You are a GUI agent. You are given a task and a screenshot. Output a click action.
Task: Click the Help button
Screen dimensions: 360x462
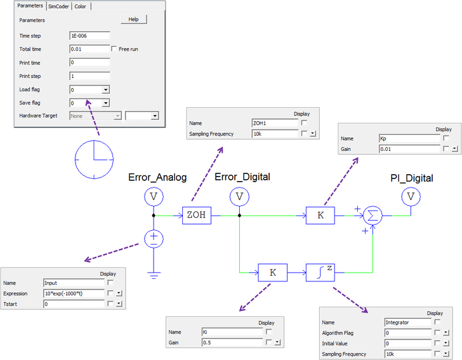133,19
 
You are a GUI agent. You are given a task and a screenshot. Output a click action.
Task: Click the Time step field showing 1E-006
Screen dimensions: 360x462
90,36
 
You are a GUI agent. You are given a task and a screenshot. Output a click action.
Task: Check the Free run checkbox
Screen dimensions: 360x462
114,49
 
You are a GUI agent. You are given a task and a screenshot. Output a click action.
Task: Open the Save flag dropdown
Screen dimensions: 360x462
106,103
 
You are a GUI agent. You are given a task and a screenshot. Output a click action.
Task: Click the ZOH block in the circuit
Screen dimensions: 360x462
196,216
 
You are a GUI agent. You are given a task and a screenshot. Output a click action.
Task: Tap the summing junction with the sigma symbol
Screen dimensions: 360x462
373,216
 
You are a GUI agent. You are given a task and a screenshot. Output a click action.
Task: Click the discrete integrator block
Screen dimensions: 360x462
320,272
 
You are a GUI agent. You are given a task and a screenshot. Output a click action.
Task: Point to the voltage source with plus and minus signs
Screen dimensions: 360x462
153,238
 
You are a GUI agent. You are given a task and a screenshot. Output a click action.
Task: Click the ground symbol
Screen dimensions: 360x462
153,273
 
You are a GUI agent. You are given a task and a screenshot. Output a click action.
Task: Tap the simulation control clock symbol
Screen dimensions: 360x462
94,158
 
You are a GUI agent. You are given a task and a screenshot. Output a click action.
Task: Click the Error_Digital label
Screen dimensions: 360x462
242,177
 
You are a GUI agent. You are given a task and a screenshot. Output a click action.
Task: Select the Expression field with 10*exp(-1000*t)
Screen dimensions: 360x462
74,293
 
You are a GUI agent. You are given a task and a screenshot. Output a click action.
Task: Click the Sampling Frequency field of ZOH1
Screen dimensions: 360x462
275,134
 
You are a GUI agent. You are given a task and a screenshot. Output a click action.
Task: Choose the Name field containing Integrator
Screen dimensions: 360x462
407,322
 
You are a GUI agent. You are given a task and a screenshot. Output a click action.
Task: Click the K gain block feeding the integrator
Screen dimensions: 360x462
272,272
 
